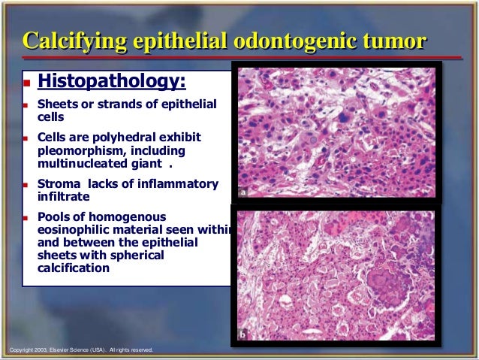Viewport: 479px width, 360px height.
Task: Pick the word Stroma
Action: click(58, 184)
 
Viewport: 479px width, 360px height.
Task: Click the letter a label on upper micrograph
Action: click(243, 193)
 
